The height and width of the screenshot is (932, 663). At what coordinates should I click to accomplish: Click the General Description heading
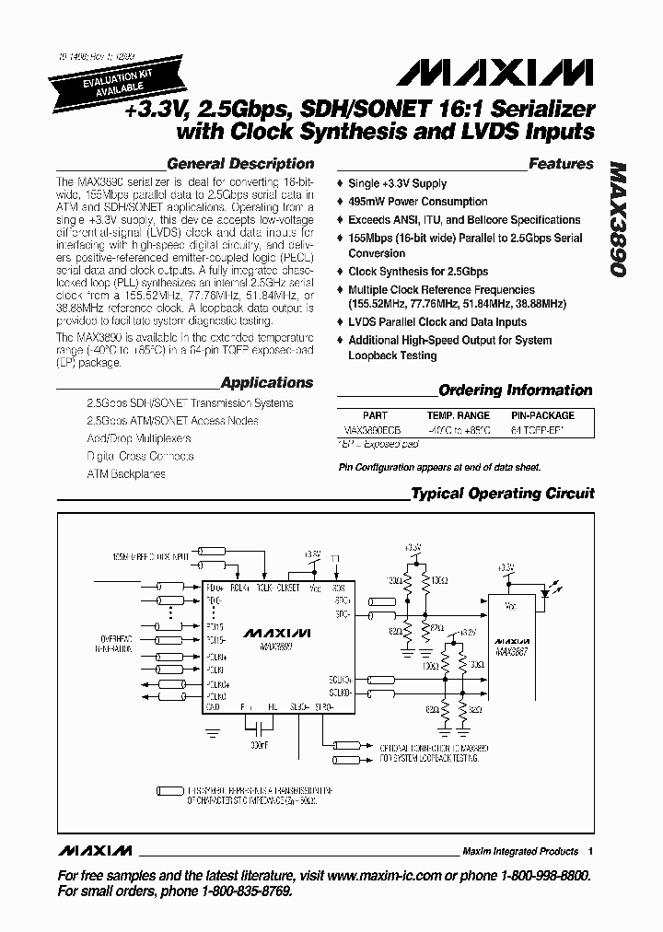tap(239, 164)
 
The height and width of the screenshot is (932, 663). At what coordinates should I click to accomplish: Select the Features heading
tap(561, 164)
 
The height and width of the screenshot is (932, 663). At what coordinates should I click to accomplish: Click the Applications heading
tap(267, 382)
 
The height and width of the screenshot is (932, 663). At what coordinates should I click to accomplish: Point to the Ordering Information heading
tap(515, 390)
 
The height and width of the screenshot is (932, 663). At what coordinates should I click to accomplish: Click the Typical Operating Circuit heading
tap(502, 494)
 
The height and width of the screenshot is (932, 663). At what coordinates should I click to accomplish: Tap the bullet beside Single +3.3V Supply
tap(340, 184)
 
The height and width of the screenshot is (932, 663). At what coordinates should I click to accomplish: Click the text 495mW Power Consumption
tap(417, 202)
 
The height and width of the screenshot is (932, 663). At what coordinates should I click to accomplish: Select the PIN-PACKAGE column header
tap(542, 415)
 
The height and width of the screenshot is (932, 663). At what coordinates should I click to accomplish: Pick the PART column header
tap(375, 415)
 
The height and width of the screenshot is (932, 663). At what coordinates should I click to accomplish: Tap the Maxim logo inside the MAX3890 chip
tap(277, 633)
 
